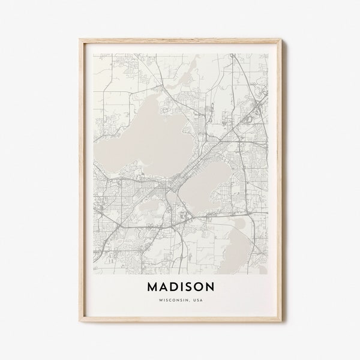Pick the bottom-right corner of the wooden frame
click(x=280, y=325)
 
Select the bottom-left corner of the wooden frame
click(x=80, y=325)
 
